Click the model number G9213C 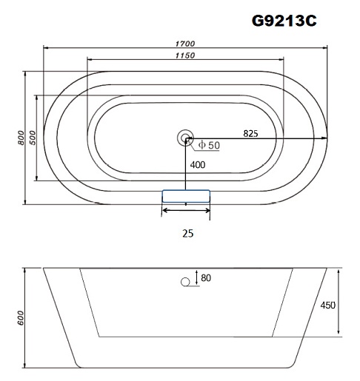[284, 21]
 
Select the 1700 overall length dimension [185, 44]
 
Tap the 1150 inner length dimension [185, 55]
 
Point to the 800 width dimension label [21, 138]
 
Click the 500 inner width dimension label [33, 138]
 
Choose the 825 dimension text [250, 133]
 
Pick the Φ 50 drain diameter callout [209, 145]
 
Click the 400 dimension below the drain [198, 165]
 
